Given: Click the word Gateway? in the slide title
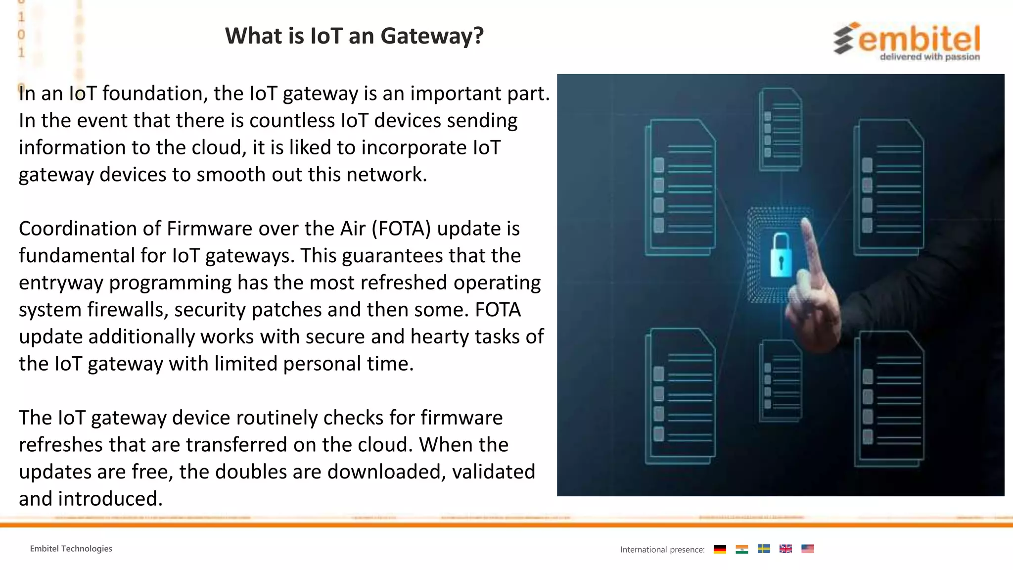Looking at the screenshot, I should [x=432, y=36].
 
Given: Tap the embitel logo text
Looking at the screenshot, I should [x=919, y=39].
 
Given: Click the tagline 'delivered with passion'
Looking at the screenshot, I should [x=929, y=57].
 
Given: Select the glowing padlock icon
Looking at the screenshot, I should [x=781, y=255].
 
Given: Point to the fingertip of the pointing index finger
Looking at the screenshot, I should [x=805, y=222].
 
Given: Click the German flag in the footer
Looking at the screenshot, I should [x=720, y=549].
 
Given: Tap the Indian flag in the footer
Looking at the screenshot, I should [x=741, y=549].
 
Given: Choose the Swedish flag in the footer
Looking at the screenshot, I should [x=764, y=549].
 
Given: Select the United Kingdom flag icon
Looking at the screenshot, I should [x=785, y=549].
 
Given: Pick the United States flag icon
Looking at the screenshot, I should [x=807, y=549].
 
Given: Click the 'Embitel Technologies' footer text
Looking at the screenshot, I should [x=71, y=549].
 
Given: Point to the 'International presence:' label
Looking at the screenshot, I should [x=662, y=550].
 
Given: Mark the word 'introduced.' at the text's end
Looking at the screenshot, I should [x=110, y=499].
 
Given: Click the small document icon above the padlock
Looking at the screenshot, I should [x=781, y=130].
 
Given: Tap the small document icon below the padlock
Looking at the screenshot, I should [x=781, y=380].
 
